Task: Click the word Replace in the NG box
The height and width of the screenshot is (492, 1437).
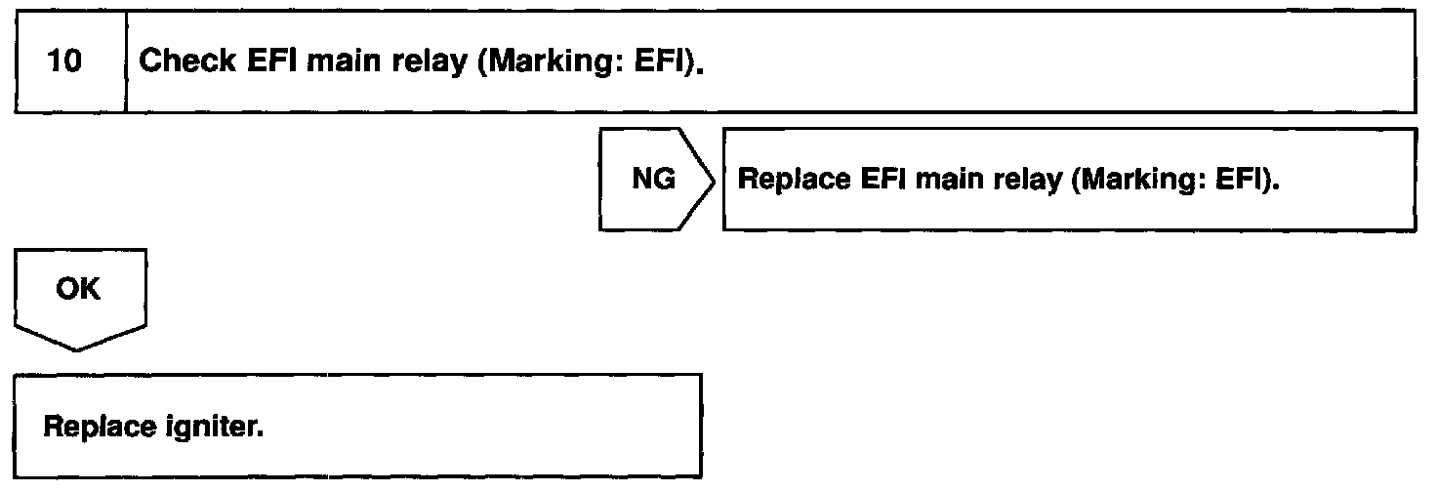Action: [782, 181]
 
